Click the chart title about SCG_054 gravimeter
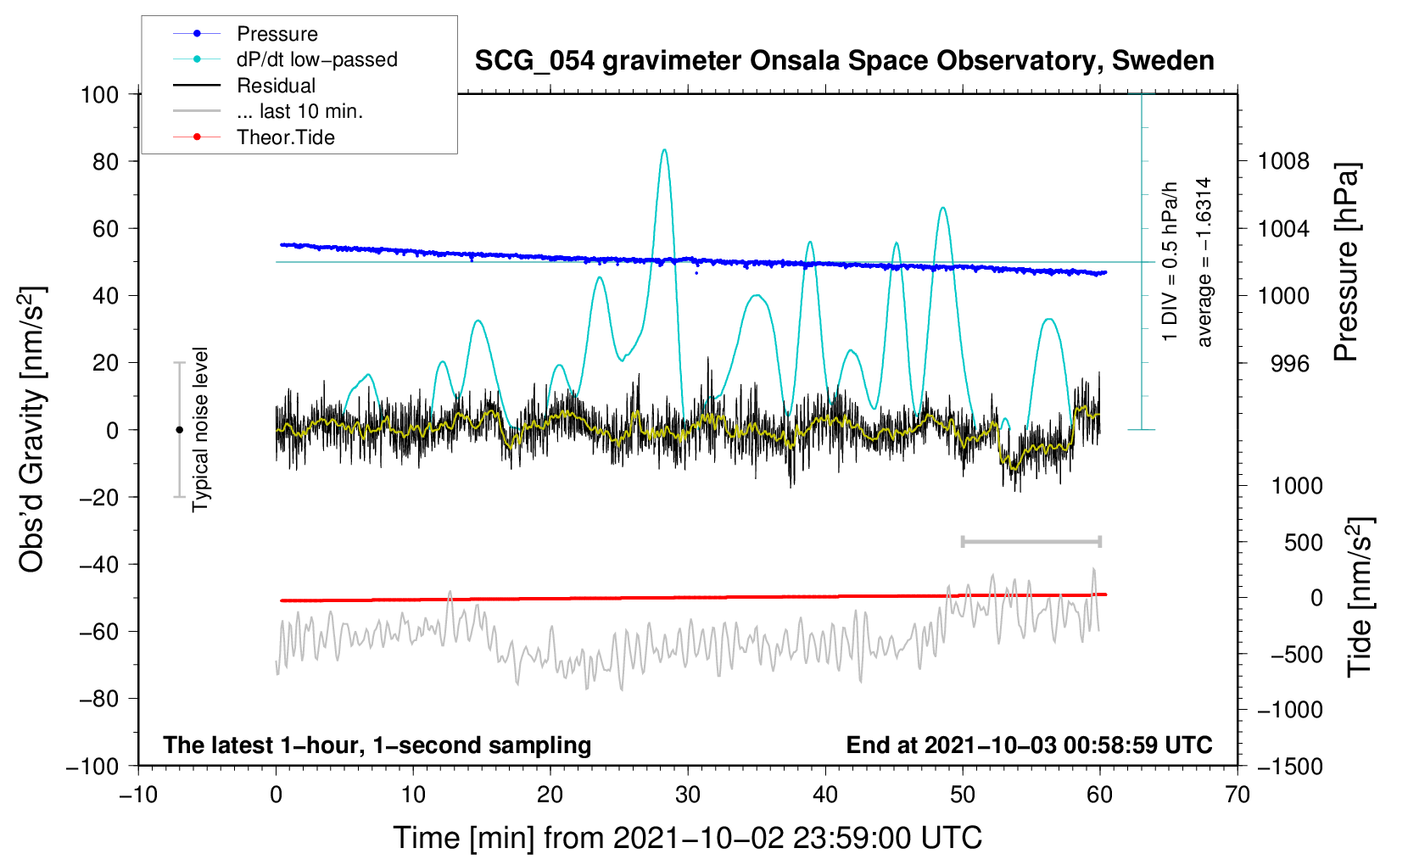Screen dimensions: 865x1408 tap(844, 61)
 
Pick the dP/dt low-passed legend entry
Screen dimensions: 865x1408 tap(316, 59)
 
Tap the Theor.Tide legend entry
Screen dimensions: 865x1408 tap(285, 137)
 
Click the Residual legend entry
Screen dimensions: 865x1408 tap(276, 86)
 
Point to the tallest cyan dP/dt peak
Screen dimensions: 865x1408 tap(664, 150)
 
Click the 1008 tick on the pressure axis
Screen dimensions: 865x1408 tap(1283, 161)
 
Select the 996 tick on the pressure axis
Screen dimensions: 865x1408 tap(1289, 363)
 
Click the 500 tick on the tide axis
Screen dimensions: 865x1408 tap(1303, 542)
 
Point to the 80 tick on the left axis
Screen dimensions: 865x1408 tap(105, 161)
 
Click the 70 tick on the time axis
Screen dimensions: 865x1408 tap(1238, 795)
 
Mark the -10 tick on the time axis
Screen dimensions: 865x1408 tap(138, 795)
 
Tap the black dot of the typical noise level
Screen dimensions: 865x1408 tap(179, 430)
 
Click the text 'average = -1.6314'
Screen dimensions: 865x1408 tap(1204, 262)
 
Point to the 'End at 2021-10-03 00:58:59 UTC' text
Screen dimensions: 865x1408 tap(1029, 745)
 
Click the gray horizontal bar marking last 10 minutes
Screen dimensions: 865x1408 tap(1031, 542)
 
